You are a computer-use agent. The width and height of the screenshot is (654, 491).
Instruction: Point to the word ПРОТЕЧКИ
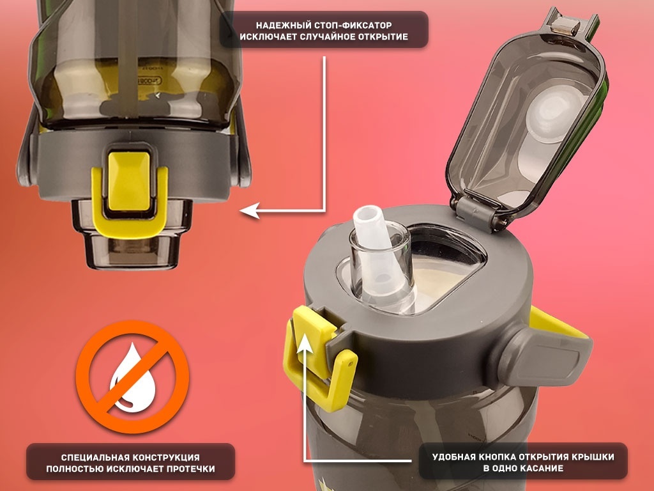[x=190, y=469]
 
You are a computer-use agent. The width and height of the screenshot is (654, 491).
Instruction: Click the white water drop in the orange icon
[x=133, y=377]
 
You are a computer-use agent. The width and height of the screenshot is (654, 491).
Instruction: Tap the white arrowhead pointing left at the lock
[x=250, y=210]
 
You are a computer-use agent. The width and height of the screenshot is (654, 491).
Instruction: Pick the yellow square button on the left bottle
[x=129, y=181]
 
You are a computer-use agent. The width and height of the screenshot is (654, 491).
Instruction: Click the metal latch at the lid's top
[x=565, y=26]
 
